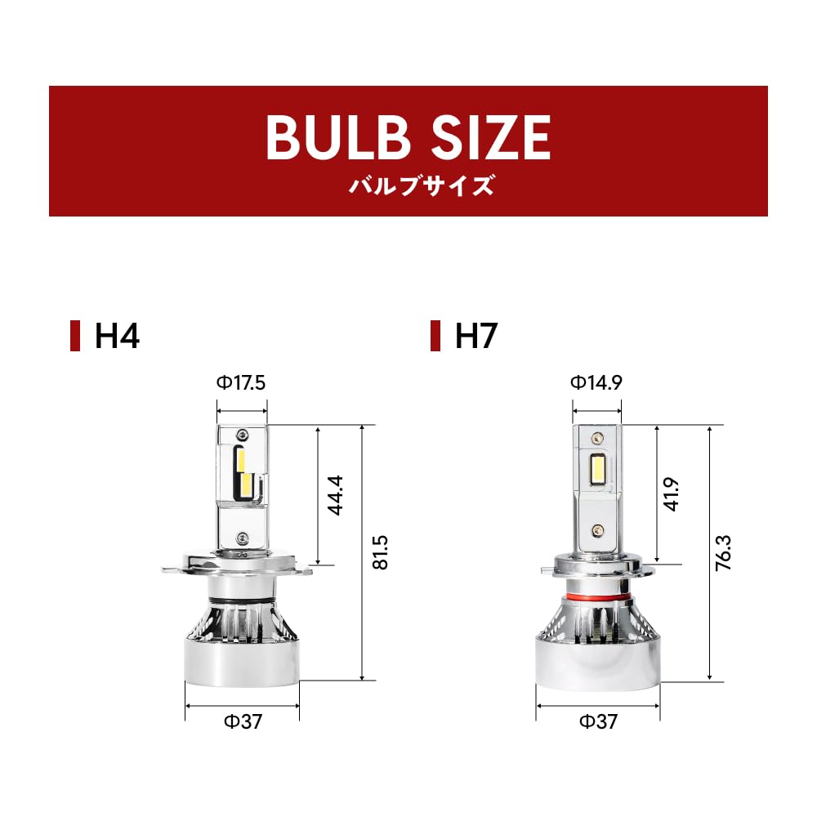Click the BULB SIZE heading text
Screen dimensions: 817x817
pyautogui.click(x=408, y=137)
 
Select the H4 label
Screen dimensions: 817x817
pyautogui.click(x=117, y=336)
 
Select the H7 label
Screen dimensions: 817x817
pyautogui.click(x=476, y=336)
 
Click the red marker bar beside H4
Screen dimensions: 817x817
pyautogui.click(x=75, y=336)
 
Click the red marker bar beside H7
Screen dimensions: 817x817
pyautogui.click(x=435, y=336)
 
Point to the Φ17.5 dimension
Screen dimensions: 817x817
pyautogui.click(x=241, y=383)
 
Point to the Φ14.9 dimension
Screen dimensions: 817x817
pyautogui.click(x=596, y=382)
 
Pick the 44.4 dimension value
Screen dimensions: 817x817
pyautogui.click(x=335, y=495)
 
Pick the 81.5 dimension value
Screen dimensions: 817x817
pyautogui.click(x=381, y=552)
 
